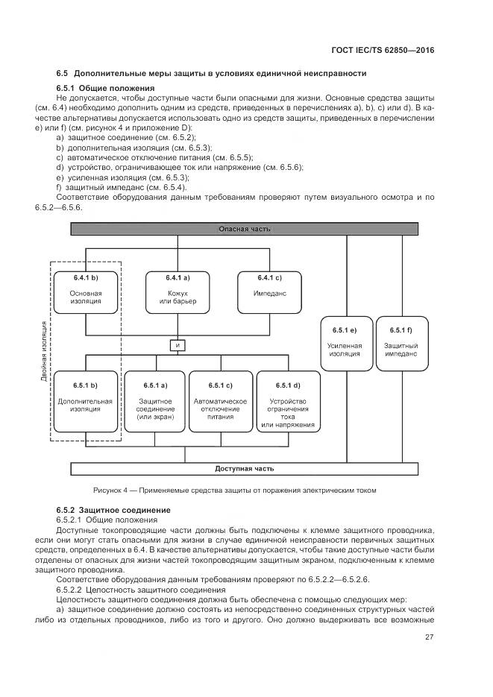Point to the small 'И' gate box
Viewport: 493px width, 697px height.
178,345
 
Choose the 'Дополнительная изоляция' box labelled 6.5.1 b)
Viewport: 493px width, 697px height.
86,401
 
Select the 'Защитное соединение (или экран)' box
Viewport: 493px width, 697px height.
155,401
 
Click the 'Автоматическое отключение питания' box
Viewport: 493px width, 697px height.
220,401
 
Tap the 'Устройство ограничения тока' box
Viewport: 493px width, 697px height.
287,401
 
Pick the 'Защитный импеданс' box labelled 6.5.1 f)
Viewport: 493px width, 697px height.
401,343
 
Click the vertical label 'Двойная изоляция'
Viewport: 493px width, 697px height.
45,350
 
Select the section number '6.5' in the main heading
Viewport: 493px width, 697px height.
62,73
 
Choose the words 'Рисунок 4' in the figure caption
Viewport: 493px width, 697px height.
110,490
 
